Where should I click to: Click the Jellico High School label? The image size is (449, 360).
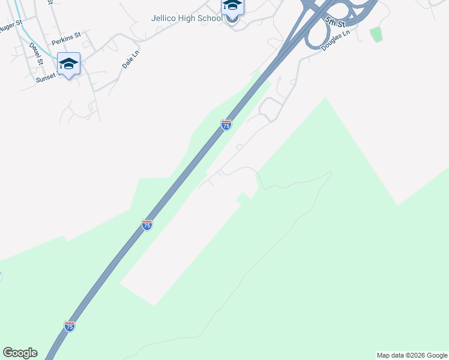pyautogui.click(x=187, y=18)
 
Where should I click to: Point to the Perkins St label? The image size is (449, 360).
pyautogui.click(x=66, y=41)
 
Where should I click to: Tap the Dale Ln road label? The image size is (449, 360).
pyautogui.click(x=130, y=58)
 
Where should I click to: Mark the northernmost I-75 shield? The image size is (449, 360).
pyautogui.click(x=226, y=125)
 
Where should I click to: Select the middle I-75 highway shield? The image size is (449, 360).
pyautogui.click(x=147, y=225)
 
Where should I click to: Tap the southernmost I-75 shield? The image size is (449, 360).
pyautogui.click(x=69, y=326)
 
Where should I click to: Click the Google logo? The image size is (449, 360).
pyautogui.click(x=20, y=353)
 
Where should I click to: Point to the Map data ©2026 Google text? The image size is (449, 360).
pyautogui.click(x=412, y=355)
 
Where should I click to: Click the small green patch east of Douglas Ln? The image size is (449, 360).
pyautogui.click(x=376, y=34)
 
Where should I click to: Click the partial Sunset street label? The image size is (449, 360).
pyautogui.click(x=47, y=76)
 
